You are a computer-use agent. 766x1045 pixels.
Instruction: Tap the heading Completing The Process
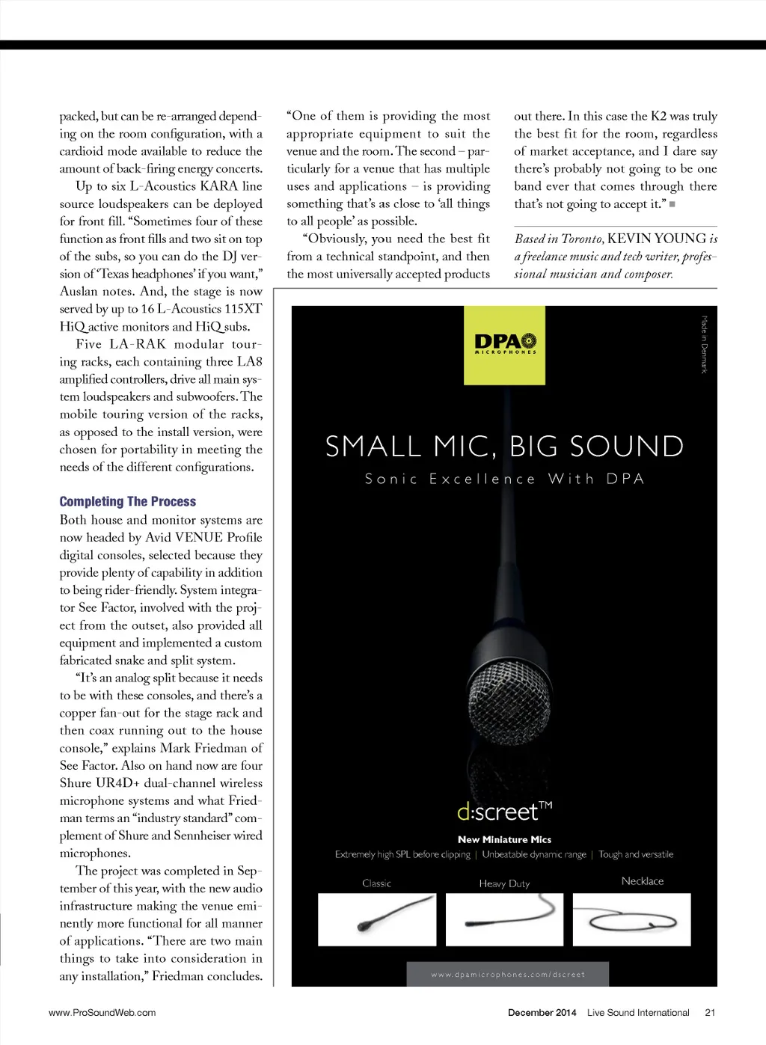[128, 501]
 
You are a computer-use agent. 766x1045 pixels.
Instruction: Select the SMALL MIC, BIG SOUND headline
[504, 447]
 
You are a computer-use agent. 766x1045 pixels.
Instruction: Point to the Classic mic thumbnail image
[377, 919]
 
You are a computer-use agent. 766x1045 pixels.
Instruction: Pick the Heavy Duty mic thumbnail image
[504, 919]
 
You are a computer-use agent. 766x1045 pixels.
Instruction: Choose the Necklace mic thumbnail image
[631, 919]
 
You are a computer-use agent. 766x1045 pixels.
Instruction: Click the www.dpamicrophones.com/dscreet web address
[508, 974]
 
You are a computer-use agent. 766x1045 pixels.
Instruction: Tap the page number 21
[710, 1012]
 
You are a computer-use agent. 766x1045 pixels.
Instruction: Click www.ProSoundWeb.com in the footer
[102, 1012]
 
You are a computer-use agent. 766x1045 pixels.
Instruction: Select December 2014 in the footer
[542, 1012]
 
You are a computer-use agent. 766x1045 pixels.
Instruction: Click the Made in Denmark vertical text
[704, 344]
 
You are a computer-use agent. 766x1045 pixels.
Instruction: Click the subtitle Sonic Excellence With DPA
[504, 479]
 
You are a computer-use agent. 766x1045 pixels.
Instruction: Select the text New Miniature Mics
[504, 839]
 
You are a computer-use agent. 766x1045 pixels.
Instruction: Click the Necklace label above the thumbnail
[643, 881]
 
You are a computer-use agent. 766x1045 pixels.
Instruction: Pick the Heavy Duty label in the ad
[504, 883]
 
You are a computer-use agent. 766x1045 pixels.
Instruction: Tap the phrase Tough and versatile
[636, 854]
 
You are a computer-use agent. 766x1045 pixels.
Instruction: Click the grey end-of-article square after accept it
[672, 204]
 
